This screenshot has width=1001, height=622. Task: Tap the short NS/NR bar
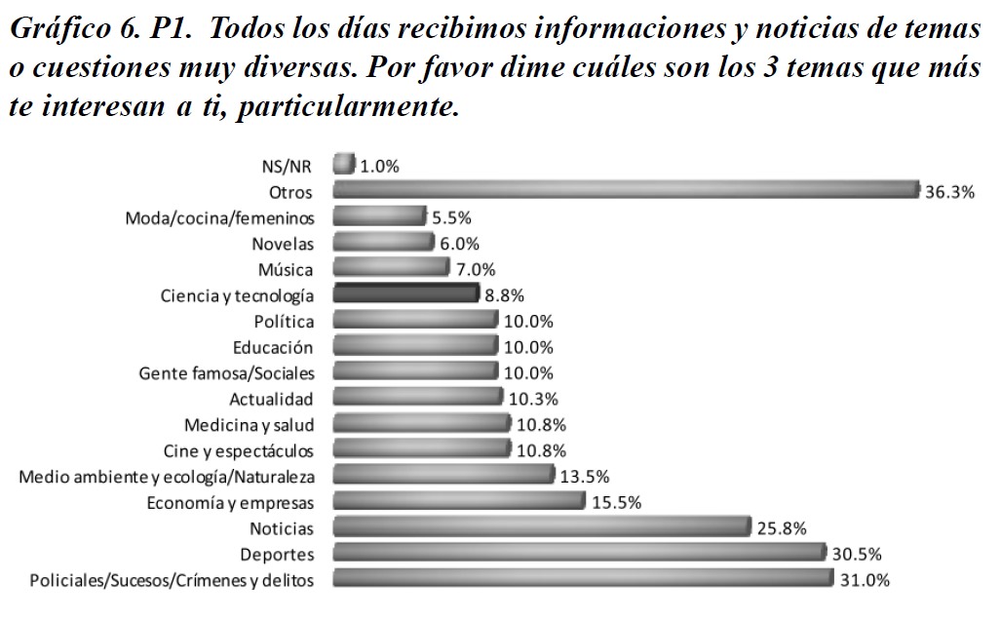(344, 164)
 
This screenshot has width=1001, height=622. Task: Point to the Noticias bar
(541, 527)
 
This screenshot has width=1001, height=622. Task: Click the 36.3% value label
(949, 192)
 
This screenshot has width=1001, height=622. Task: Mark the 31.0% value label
(864, 580)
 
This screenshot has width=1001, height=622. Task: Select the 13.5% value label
(585, 477)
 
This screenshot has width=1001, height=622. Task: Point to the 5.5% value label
(452, 218)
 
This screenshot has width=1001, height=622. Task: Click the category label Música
(287, 269)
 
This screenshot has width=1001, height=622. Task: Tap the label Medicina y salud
(249, 424)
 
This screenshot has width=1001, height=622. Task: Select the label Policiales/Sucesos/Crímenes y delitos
(172, 580)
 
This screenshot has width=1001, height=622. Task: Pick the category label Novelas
(283, 243)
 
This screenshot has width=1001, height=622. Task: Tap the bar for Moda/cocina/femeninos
(379, 216)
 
